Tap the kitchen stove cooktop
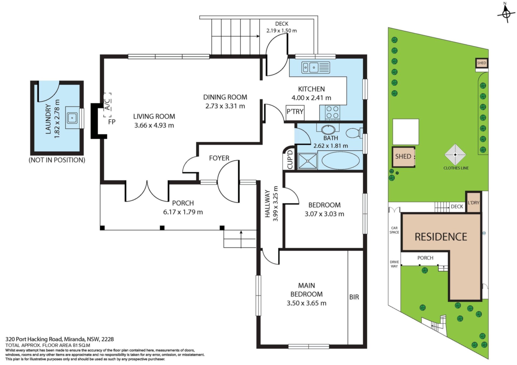click(332, 112)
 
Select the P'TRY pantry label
click(295, 112)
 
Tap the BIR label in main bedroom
click(354, 297)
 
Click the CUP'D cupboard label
click(290, 159)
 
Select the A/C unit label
click(107, 105)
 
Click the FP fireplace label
click(112, 122)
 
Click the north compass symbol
click(506, 13)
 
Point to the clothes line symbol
click(455, 155)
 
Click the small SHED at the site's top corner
click(481, 63)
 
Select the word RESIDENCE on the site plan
click(441, 237)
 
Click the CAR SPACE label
click(394, 230)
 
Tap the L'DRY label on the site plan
click(474, 203)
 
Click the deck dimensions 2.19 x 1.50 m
click(282, 31)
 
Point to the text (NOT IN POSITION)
click(57, 160)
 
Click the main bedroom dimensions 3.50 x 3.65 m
click(306, 303)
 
